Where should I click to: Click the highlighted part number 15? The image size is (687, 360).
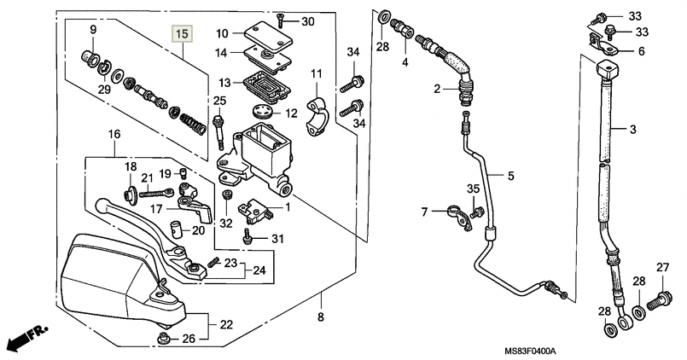[181, 34]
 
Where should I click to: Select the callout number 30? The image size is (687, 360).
[307, 21]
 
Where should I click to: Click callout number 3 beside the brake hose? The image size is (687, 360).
[633, 130]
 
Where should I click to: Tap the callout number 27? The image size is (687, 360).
[662, 269]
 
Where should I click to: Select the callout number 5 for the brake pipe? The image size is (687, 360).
[510, 177]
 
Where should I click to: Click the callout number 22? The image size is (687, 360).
[226, 324]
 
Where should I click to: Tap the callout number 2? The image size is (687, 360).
[435, 89]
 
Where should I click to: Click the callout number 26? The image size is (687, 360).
[189, 339]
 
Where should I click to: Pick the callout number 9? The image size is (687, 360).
[93, 31]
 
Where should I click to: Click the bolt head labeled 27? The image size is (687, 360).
[659, 299]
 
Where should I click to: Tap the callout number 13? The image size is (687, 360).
[224, 83]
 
